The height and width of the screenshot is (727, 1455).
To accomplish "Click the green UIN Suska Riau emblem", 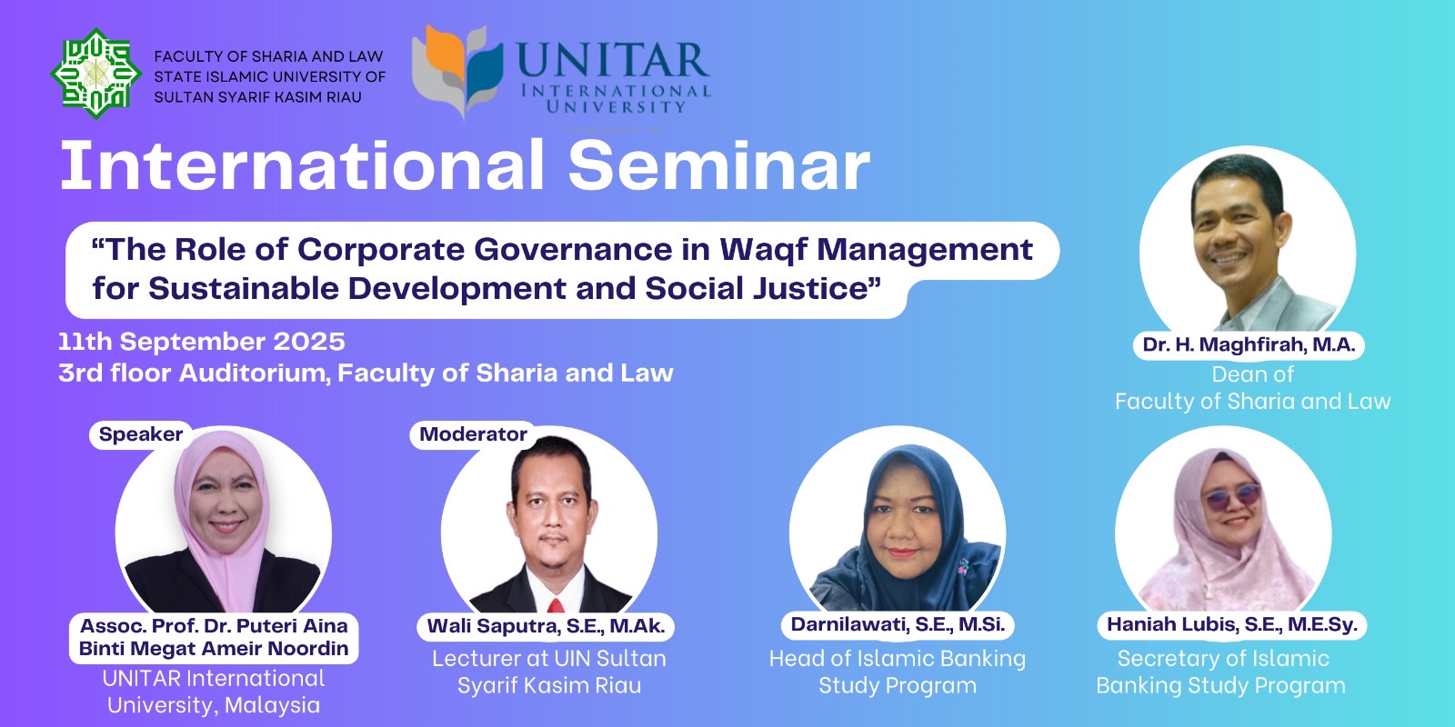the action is [96, 74].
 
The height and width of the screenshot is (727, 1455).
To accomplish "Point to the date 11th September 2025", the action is [202, 342].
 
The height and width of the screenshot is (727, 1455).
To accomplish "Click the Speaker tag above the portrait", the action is [141, 433].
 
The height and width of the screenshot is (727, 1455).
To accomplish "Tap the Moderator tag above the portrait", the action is [473, 433].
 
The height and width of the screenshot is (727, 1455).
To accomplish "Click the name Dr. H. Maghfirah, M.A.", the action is [1249, 344].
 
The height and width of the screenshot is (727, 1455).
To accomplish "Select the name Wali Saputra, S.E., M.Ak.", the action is [546, 626].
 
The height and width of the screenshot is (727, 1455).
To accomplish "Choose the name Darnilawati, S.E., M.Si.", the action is [898, 623].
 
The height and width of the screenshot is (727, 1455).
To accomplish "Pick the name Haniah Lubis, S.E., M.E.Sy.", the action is [1231, 624].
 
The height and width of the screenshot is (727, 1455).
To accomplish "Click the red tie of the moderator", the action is [555, 606].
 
